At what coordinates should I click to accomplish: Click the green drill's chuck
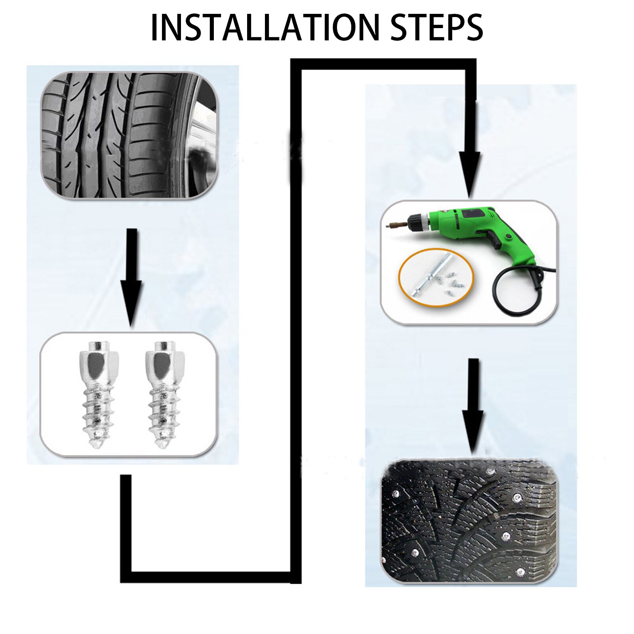pyautogui.click(x=419, y=221)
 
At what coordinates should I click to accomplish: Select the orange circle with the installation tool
pyautogui.click(x=436, y=278)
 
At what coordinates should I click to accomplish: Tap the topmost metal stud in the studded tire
pyautogui.click(x=491, y=471)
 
